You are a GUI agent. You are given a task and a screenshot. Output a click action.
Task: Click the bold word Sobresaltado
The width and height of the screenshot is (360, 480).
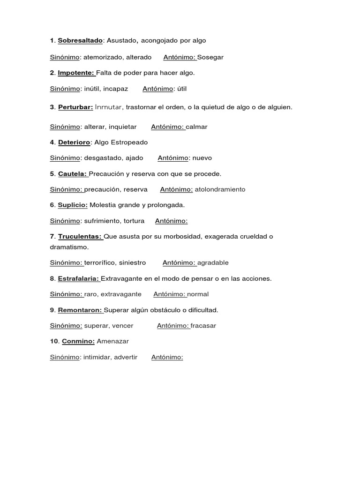pyautogui.click(x=80, y=41)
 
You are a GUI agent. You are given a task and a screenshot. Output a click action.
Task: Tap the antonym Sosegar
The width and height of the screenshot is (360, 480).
pyautogui.click(x=210, y=57)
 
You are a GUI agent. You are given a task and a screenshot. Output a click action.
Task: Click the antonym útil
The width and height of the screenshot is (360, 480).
pyautogui.click(x=182, y=89)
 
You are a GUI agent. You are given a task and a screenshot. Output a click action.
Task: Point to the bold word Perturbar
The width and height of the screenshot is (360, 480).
pyautogui.click(x=75, y=107)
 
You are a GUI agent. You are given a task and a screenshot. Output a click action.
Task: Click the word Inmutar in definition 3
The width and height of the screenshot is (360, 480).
pyautogui.click(x=109, y=107)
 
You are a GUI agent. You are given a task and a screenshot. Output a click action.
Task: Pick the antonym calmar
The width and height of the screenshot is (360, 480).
pyautogui.click(x=196, y=127)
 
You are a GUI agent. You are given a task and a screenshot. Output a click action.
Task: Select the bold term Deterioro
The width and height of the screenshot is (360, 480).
pyautogui.click(x=74, y=142)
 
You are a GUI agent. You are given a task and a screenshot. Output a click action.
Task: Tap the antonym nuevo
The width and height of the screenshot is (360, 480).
pyautogui.click(x=202, y=158)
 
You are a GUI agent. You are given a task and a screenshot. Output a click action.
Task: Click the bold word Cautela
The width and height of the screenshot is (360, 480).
pyautogui.click(x=73, y=173)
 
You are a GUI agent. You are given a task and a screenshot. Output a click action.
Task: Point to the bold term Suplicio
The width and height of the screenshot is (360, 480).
pyautogui.click(x=73, y=205)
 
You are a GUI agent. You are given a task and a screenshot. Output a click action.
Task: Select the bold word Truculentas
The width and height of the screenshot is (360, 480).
pyautogui.click(x=80, y=236)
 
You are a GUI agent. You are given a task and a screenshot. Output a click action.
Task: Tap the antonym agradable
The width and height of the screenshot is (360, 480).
pyautogui.click(x=213, y=262)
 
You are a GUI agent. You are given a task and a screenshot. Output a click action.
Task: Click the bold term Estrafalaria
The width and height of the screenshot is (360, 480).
pyautogui.click(x=79, y=278)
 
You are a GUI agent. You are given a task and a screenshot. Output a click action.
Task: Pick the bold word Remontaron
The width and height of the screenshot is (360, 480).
pyautogui.click(x=80, y=310)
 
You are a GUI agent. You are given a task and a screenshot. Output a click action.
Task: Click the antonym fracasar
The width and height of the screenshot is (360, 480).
pyautogui.click(x=203, y=326)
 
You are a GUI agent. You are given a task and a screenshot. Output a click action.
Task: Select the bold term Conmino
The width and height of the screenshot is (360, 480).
pyautogui.click(x=78, y=341)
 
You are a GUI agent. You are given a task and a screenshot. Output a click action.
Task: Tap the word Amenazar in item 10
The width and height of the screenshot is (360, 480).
pyautogui.click(x=112, y=341)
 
